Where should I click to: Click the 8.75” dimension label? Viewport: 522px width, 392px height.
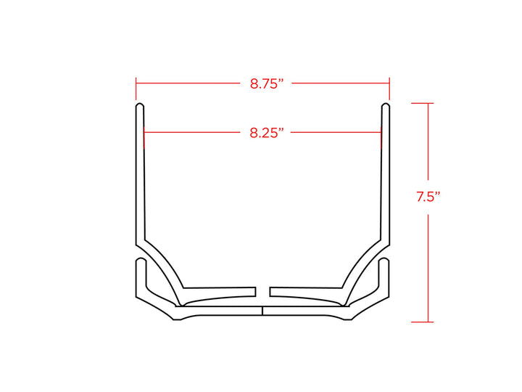(x=266, y=83)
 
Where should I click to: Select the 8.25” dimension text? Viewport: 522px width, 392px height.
(x=267, y=133)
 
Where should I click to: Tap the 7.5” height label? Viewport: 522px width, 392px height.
(x=428, y=197)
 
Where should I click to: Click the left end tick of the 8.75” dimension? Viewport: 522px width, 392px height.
(x=136, y=89)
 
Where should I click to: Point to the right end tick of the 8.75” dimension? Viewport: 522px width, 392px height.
(x=389, y=89)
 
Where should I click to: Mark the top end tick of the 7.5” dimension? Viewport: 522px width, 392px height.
(x=422, y=103)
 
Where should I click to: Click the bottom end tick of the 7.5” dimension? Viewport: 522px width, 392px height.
(x=422, y=322)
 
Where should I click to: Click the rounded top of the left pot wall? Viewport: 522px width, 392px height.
(x=140, y=105)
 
